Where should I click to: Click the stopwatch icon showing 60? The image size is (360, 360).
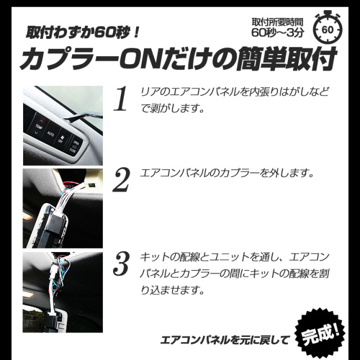click(327, 28)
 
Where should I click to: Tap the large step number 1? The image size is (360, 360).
click(121, 99)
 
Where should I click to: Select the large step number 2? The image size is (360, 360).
click(121, 180)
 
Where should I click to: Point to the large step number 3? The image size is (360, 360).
click(121, 263)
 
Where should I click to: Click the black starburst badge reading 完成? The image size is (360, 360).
click(320, 334)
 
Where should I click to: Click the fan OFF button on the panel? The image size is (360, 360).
click(61, 139)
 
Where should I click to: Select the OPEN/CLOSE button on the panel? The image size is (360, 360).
click(75, 146)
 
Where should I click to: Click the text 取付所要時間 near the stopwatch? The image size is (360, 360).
click(277, 22)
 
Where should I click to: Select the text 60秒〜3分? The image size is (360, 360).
click(277, 33)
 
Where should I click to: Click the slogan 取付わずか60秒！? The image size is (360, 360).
click(82, 32)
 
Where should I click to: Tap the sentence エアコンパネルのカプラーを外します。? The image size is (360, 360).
click(227, 173)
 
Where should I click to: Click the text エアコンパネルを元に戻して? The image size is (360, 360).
click(225, 340)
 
